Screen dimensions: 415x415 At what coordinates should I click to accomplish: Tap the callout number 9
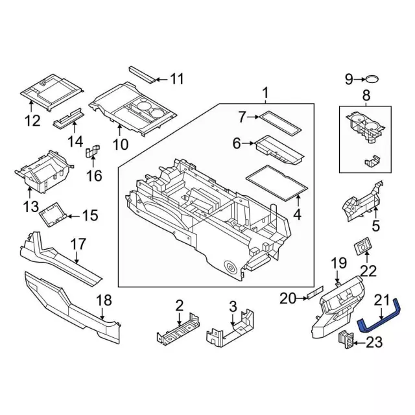pyautogui.click(x=348, y=80)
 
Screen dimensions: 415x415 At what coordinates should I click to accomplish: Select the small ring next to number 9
pyautogui.click(x=372, y=80)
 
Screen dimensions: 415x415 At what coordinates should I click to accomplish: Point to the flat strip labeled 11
pyautogui.click(x=142, y=73)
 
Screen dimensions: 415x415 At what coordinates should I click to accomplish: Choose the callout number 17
pyautogui.click(x=78, y=244)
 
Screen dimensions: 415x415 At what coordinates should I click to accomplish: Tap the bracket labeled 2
pyautogui.click(x=177, y=330)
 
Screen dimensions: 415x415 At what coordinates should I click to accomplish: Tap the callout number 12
pyautogui.click(x=32, y=121)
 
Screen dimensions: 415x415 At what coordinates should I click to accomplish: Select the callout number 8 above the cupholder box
pyautogui.click(x=366, y=97)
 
